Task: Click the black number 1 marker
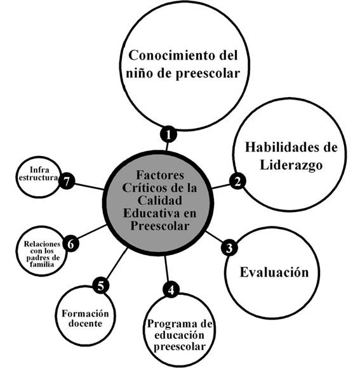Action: (x=168, y=135)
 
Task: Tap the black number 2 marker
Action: (x=237, y=181)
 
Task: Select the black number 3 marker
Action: (x=229, y=248)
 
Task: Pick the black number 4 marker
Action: (x=171, y=289)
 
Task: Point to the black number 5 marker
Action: (x=101, y=286)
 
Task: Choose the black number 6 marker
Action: (x=70, y=244)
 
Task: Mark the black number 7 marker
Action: (x=67, y=181)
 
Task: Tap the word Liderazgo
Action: (x=291, y=165)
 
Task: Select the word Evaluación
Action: (x=274, y=272)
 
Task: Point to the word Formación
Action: (x=85, y=313)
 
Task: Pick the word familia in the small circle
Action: (x=42, y=265)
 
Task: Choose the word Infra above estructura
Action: (x=39, y=169)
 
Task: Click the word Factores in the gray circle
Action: (x=160, y=175)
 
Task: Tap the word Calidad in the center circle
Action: (x=160, y=200)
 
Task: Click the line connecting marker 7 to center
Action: (x=90, y=187)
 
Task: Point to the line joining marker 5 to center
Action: (x=117, y=263)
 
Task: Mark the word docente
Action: (x=85, y=324)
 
